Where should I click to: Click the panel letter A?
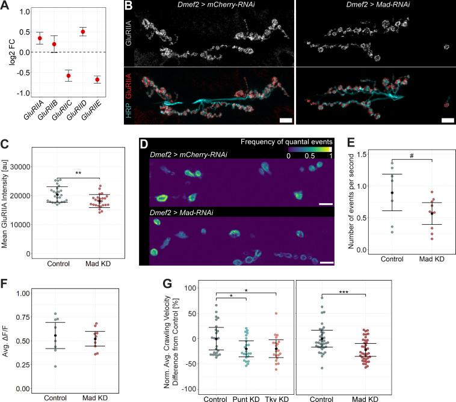click(5, 5)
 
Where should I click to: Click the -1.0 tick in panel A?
click(23, 93)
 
